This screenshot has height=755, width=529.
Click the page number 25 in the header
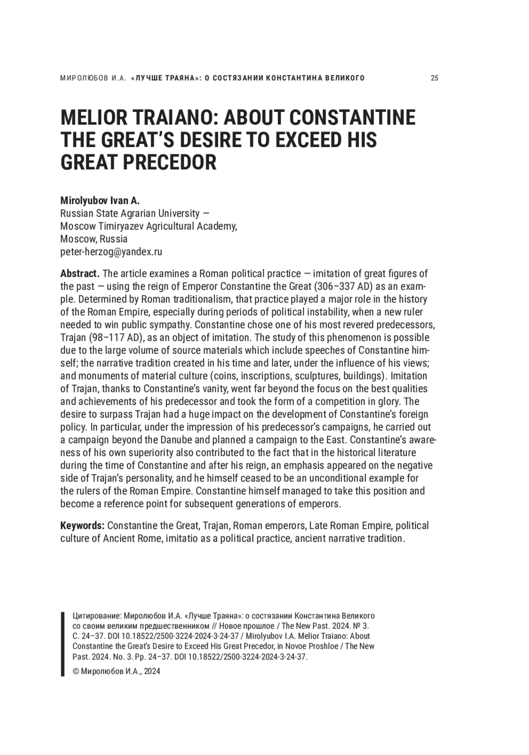coord(434,78)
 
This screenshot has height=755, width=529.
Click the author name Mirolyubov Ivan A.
coord(100,200)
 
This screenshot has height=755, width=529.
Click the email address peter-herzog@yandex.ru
coord(111,252)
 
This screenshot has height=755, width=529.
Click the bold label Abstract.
coord(79,274)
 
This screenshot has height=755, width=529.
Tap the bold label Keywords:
coord(82,526)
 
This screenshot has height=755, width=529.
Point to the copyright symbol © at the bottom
coord(75,672)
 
